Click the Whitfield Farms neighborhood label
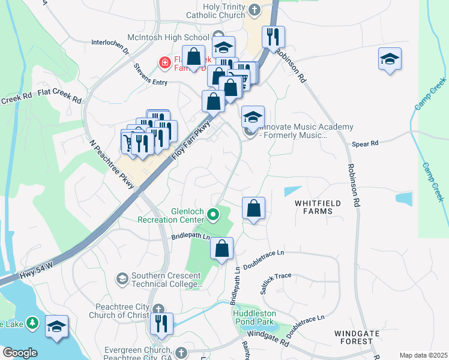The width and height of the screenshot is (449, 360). click(x=318, y=208)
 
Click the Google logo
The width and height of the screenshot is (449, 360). click(x=20, y=353)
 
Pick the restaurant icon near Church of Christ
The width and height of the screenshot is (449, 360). click(x=161, y=323)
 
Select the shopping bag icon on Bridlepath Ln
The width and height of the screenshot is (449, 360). click(x=221, y=248)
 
